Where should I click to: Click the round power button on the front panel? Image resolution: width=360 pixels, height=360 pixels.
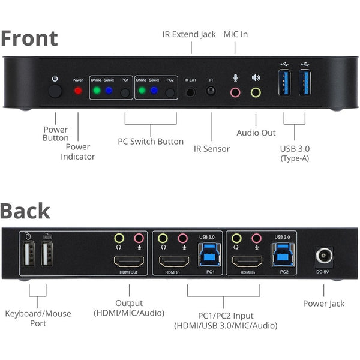(x=55, y=91)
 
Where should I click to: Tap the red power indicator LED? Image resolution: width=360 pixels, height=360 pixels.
(x=77, y=92)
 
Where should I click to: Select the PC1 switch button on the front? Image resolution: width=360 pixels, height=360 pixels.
(x=125, y=92)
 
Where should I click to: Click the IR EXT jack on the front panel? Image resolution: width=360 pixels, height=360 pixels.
(x=191, y=92)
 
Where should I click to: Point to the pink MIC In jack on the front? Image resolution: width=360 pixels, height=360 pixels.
(x=236, y=92)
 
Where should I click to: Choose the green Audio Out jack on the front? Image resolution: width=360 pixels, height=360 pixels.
(x=256, y=92)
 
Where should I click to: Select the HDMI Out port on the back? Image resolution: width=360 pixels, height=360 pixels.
(x=128, y=262)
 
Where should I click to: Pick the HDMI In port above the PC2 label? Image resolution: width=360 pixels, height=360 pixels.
(x=246, y=262)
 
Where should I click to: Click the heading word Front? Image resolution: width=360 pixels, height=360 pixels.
(x=29, y=38)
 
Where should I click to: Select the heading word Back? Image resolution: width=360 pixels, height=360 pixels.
(x=25, y=211)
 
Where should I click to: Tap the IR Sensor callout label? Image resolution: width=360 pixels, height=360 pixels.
(x=211, y=148)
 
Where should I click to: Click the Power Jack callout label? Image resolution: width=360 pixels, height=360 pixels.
(x=323, y=304)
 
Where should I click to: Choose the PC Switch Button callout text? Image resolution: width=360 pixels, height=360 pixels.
(x=151, y=142)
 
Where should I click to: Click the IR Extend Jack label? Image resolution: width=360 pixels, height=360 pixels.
(x=189, y=34)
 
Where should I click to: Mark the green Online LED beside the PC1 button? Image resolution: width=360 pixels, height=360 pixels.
(x=97, y=92)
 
